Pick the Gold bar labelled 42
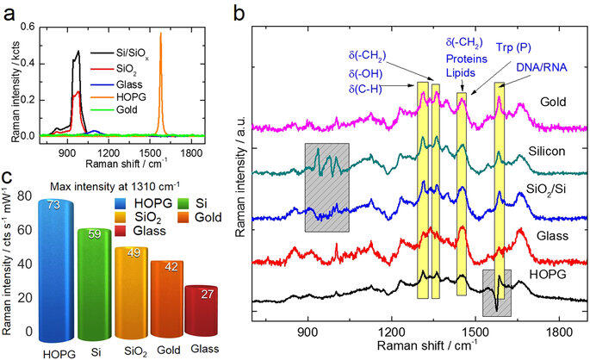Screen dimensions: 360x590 click(x=171, y=265)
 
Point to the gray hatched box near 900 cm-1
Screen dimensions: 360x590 click(x=326, y=188)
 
